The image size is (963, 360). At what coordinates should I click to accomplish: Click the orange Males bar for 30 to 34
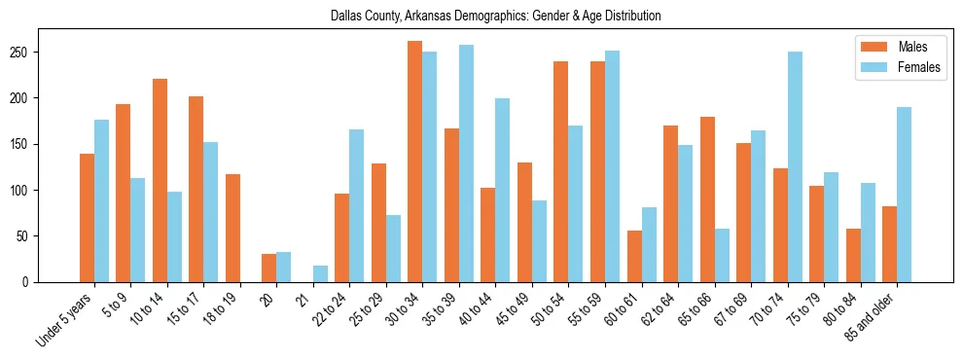tap(415, 162)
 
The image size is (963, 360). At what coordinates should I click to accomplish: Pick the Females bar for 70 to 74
tap(795, 165)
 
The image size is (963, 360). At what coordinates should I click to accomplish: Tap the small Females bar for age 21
tap(320, 273)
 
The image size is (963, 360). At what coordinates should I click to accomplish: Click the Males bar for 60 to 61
tap(634, 256)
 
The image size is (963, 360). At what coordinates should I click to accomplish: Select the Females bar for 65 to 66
tap(722, 255)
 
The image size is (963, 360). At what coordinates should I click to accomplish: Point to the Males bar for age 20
tap(269, 268)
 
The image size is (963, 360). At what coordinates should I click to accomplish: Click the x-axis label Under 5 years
tap(66, 319)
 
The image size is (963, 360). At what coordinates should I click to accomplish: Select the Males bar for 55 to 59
tap(597, 170)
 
